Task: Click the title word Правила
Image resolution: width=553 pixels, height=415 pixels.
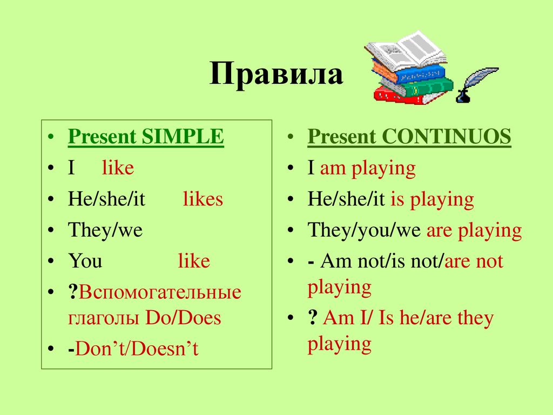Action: point(276,73)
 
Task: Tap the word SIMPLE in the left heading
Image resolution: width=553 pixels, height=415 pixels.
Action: point(183,136)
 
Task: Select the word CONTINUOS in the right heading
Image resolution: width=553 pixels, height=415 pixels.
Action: point(447,136)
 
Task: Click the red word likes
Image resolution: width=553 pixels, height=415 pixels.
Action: point(203,199)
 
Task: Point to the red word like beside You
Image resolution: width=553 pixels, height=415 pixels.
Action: point(194,261)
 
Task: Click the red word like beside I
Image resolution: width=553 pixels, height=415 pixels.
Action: point(118,168)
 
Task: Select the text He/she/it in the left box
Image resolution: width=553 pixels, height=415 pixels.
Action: point(106,199)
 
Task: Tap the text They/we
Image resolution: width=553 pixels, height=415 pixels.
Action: point(105,230)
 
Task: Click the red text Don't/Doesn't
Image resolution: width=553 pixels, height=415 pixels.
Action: point(137,349)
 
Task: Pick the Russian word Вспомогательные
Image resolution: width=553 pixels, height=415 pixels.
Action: point(160,292)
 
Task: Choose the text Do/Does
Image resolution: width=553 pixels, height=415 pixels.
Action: point(183,318)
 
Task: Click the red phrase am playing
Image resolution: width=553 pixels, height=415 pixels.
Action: point(368,169)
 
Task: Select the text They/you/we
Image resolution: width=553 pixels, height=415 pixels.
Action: point(364,231)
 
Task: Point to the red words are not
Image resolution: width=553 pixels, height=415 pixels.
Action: point(474,261)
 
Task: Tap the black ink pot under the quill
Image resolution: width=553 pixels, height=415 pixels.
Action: point(463,96)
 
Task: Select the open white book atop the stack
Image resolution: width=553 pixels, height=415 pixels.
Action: point(406,50)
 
